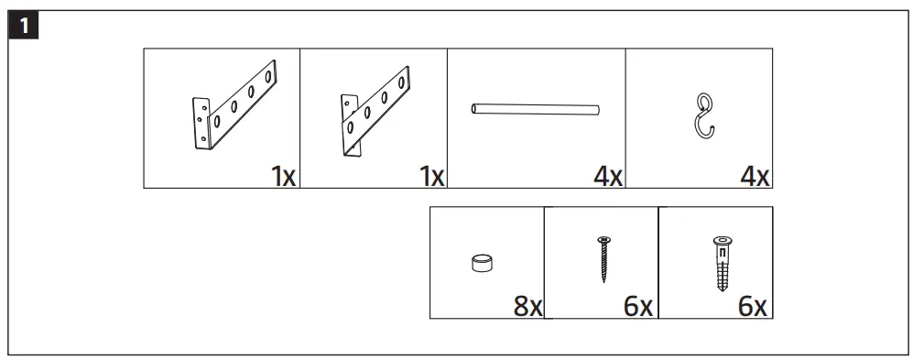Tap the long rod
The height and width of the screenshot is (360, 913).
[x=536, y=110]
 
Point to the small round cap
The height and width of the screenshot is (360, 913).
[x=480, y=264]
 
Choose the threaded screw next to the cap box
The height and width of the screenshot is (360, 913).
[x=603, y=260]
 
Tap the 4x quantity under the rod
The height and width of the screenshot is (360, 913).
[x=607, y=176]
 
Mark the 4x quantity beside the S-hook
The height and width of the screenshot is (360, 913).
[x=755, y=176]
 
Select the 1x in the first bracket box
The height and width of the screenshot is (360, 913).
[x=283, y=176]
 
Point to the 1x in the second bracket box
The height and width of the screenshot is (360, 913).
[x=431, y=176]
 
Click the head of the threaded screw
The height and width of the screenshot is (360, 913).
[x=603, y=240]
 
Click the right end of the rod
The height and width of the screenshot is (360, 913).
[x=597, y=110]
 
